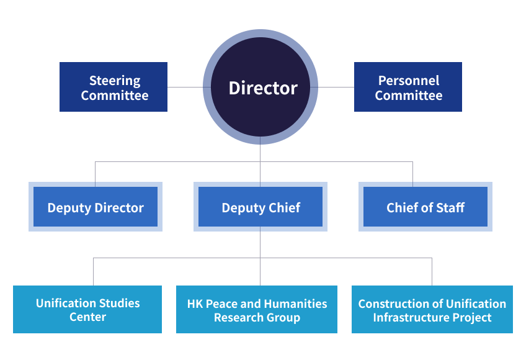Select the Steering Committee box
tap(114, 87)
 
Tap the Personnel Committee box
tap(408, 87)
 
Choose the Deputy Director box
tap(96, 207)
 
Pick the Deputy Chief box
tap(260, 207)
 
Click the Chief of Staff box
tap(425, 207)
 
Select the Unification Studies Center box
tap(87, 310)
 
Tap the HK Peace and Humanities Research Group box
tap(257, 310)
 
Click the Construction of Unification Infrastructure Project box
tap(432, 310)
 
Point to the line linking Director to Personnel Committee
tap(336, 87)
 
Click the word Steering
tap(115, 81)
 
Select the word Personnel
tap(409, 81)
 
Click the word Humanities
tap(295, 304)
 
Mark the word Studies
tap(117, 304)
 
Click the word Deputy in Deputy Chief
tap(243, 208)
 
